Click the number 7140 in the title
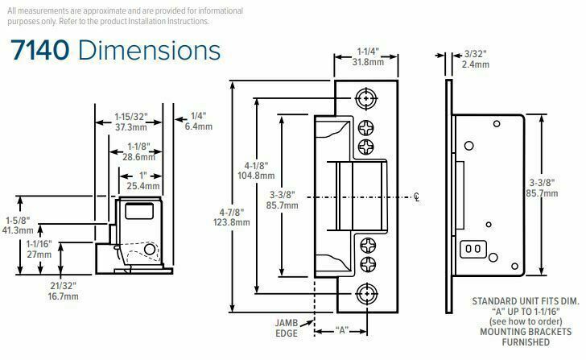pos(40,50)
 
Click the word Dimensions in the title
pos(149,50)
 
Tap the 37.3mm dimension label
pos(130,127)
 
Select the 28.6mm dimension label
pos(138,157)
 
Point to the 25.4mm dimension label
pos(143,186)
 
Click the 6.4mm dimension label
pos(199,126)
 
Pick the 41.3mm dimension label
pos(18,230)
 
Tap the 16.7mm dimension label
pos(63,297)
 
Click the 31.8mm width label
pos(368,62)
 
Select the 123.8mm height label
pos(232,222)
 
